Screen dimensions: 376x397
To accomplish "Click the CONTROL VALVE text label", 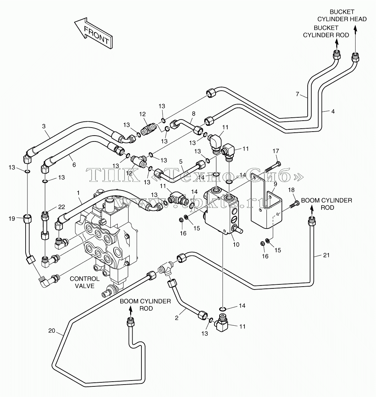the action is [84, 282].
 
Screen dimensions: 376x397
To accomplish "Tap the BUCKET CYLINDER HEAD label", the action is [342, 15].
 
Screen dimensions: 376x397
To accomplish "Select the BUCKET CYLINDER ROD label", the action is [326, 31].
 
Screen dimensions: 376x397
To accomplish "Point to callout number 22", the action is [61, 207].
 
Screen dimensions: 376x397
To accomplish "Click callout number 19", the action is [12, 218].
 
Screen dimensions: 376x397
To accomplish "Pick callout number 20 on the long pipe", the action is [52, 331].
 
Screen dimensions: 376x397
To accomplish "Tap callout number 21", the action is [326, 255].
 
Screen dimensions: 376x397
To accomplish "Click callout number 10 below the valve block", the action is [236, 244].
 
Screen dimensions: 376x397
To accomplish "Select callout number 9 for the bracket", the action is [275, 184].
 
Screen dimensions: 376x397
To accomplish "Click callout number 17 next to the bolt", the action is [276, 151].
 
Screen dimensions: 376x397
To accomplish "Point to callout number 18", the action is [291, 190].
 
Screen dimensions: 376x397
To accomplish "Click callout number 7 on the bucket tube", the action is [297, 94].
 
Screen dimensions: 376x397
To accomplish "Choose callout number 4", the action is [333, 111].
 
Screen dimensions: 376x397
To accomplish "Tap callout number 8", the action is [194, 114].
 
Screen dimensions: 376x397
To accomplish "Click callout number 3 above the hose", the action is [44, 126].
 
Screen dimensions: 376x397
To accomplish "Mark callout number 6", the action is [74, 165].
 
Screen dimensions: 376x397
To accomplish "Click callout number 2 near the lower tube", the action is [176, 318].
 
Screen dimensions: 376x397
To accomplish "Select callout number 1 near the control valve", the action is [79, 193].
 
